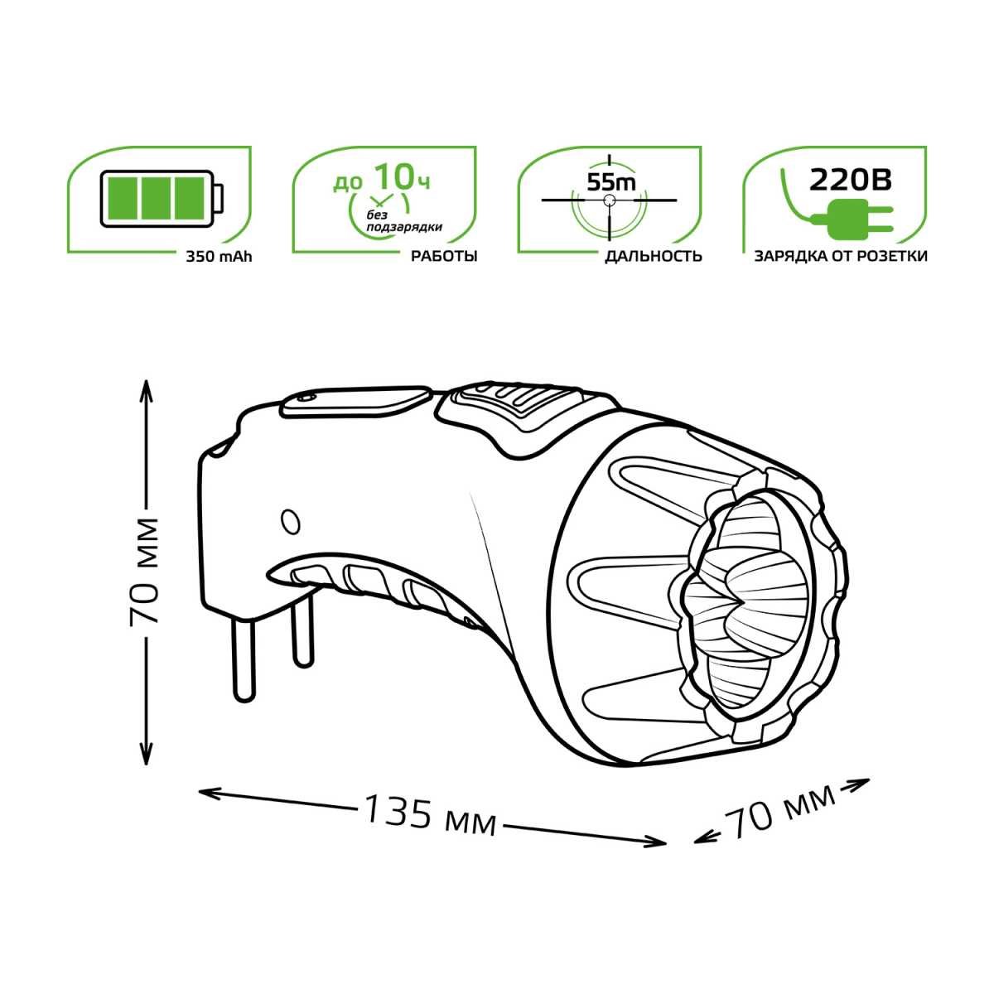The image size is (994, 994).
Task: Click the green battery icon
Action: click(x=163, y=199)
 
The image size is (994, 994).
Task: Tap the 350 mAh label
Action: click(x=220, y=256)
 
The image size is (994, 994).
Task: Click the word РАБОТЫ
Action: click(x=444, y=256)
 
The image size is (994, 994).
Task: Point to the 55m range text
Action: click(x=611, y=182)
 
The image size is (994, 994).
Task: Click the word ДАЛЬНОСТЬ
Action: click(x=654, y=256)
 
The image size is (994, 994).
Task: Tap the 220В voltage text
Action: click(x=850, y=180)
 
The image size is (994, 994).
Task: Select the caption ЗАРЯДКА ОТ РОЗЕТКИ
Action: click(x=840, y=256)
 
